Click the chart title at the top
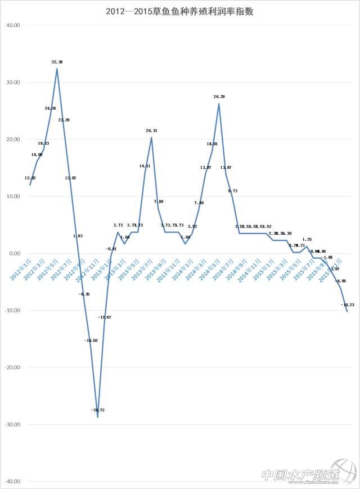click(x=179, y=11)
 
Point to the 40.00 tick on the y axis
click(x=12, y=25)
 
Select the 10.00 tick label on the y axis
click(x=12, y=196)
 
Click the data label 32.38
click(x=57, y=62)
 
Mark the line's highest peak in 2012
click(x=57, y=69)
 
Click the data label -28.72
click(x=97, y=410)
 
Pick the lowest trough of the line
click(x=97, y=417)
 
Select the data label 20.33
click(x=151, y=131)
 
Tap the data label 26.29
click(x=219, y=97)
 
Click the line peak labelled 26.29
click(x=219, y=104)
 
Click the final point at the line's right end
click(x=346, y=311)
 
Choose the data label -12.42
click(x=105, y=317)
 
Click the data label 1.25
click(x=307, y=239)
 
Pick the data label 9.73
click(x=233, y=191)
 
